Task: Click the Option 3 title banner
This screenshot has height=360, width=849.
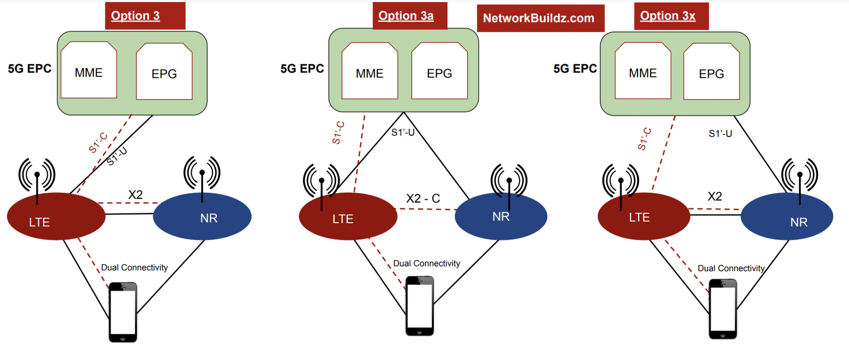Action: coord(145,16)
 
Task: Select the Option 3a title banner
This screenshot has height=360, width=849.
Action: coord(410,16)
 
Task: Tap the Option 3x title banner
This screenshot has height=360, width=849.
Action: coord(671,16)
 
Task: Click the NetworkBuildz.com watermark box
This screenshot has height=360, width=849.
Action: coord(540,18)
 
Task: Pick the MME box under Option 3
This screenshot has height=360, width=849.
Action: coord(89,71)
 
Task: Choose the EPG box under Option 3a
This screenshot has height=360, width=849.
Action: coord(439,71)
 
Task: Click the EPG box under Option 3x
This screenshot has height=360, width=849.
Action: coord(711,72)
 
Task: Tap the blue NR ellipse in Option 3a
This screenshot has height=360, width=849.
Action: coord(501,216)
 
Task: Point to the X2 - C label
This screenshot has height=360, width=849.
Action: coord(423,198)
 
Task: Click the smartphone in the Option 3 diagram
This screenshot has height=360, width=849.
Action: coord(123,312)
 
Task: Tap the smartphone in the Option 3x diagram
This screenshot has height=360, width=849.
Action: coord(723,309)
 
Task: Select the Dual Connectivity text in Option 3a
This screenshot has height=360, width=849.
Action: coord(427,263)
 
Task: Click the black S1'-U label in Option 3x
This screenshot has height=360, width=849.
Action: coord(720,134)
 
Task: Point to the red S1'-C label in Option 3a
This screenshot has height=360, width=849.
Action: coord(338,133)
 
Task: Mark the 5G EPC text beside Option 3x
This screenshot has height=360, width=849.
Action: coord(575,68)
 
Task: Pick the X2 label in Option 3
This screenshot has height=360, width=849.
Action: coord(135,195)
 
